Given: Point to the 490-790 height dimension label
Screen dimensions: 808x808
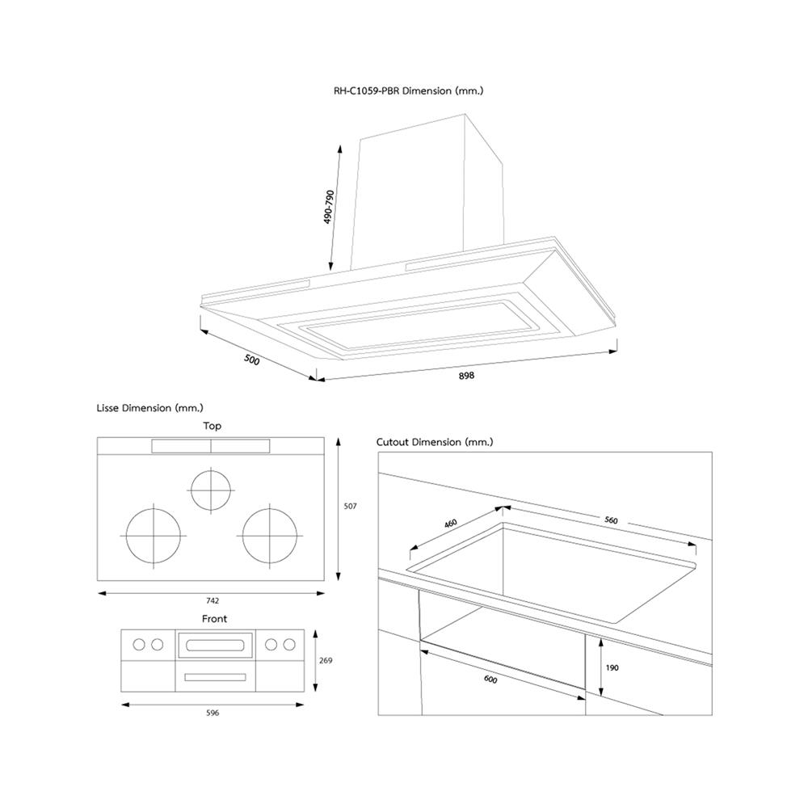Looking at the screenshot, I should point(329,208).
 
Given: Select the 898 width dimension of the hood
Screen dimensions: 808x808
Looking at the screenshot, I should point(466,377).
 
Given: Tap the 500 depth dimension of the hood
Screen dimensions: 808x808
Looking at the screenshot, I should point(251,360).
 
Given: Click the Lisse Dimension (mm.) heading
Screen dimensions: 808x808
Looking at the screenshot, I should point(149,408).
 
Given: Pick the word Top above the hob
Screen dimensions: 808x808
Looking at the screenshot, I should point(212,426).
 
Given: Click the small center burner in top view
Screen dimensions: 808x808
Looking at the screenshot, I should point(211,490).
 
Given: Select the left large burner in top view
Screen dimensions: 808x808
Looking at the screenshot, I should point(151,536).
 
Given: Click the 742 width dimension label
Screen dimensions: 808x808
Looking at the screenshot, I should point(212,600).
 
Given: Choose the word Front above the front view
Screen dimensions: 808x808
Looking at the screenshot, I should point(214,619).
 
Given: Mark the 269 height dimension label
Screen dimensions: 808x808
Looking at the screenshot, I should point(326,660).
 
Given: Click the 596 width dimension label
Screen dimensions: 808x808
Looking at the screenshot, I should point(213,713).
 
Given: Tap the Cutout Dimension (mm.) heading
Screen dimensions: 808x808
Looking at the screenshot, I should point(435,442).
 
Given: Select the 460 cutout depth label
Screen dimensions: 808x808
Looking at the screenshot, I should point(451,524).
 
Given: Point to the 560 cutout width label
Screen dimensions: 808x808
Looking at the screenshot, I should point(610,520).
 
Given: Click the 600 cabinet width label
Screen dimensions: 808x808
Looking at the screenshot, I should point(490,680).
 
